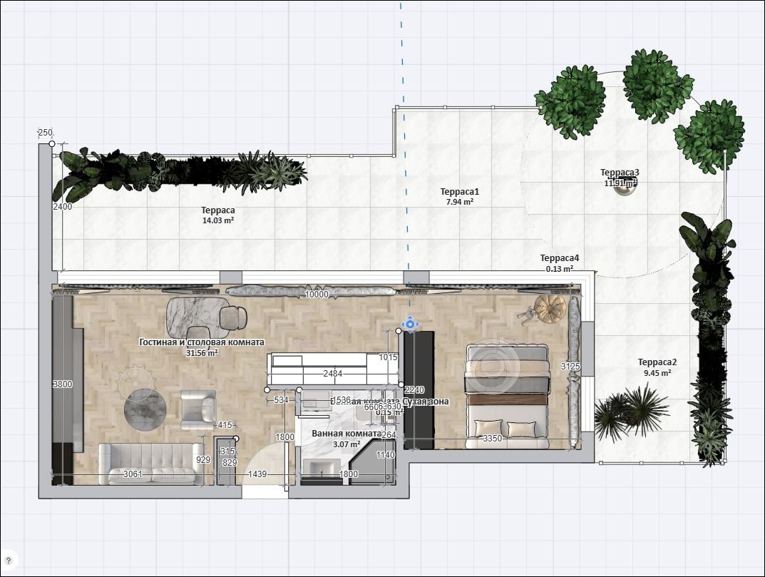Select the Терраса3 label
click(x=620, y=173)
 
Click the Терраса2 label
click(x=657, y=362)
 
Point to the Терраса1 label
click(x=459, y=192)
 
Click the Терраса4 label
click(x=560, y=258)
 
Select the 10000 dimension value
click(x=317, y=295)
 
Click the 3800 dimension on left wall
click(x=63, y=384)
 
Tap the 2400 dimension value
click(x=63, y=207)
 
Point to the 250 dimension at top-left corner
click(x=45, y=133)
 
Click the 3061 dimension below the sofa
click(x=133, y=474)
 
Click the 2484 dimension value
click(x=332, y=374)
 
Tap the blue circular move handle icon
click(x=410, y=325)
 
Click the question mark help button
click(x=9, y=560)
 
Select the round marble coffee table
click(x=145, y=409)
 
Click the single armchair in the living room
click(x=197, y=408)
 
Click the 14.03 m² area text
click(x=218, y=221)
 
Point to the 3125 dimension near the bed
click(x=570, y=367)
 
